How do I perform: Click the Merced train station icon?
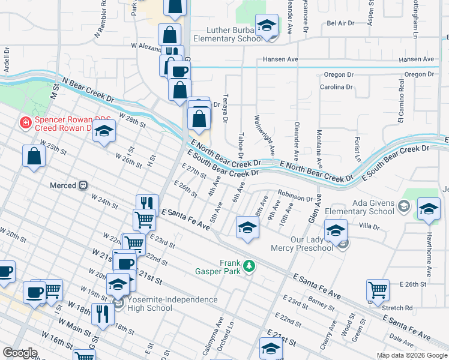84,185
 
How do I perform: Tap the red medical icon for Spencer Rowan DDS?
25,123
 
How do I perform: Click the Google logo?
20,353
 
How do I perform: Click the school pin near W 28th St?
104,131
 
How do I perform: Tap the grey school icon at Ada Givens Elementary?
404,208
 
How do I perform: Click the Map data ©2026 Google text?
412,355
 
